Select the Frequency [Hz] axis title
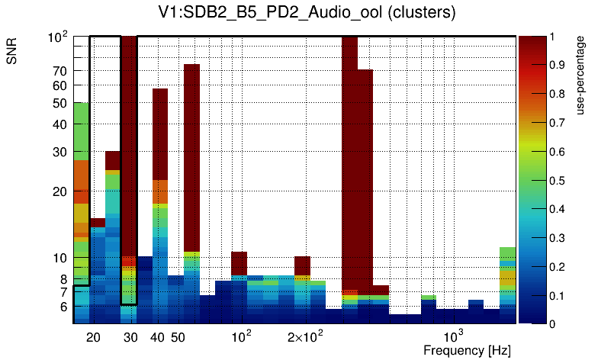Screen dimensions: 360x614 click(x=467, y=350)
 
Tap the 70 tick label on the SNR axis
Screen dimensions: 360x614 click(x=60, y=71)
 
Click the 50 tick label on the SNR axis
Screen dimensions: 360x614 click(x=60, y=103)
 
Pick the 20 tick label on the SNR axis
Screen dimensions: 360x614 click(x=60, y=191)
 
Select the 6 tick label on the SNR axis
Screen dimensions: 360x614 click(x=63, y=307)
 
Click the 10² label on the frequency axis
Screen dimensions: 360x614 click(x=240, y=336)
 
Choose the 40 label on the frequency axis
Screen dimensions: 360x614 click(x=158, y=337)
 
